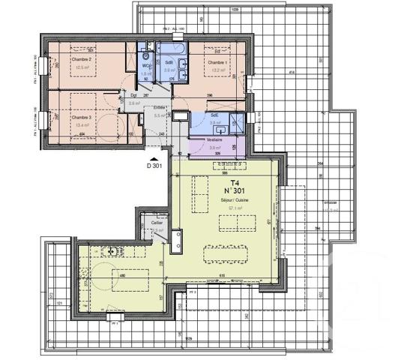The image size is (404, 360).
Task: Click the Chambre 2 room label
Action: point(81,59)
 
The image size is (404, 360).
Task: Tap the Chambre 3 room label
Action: point(81,118)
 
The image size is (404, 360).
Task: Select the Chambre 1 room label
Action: point(217,62)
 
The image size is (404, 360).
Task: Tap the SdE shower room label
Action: point(214,115)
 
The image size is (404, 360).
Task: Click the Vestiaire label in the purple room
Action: point(215,140)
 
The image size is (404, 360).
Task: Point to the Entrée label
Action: point(159,107)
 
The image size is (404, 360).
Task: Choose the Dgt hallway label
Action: point(134,96)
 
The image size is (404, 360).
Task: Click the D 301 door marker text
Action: point(155,167)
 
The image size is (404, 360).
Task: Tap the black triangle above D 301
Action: point(155,160)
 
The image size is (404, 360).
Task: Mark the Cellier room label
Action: point(157,223)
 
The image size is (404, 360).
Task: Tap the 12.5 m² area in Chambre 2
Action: point(81,66)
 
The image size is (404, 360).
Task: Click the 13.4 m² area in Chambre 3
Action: point(81,125)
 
